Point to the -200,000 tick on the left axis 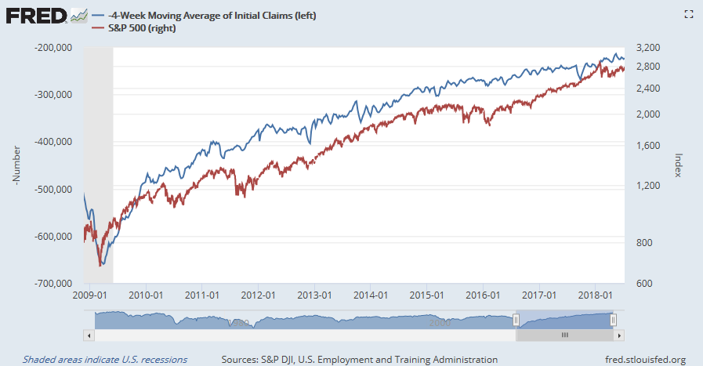coord(54,48)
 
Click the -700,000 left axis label coord(54,283)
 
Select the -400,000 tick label coord(54,142)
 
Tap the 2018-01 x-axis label coord(598,295)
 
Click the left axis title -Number coord(16,165)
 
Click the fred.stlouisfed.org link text coord(640,359)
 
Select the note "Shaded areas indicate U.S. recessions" coord(105,359)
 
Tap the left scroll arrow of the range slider coord(89,335)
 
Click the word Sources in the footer coord(243,359)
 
